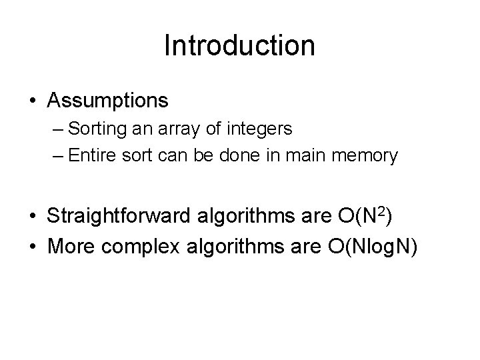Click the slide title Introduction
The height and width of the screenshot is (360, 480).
[x=239, y=46]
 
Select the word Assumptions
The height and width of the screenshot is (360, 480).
[x=108, y=101]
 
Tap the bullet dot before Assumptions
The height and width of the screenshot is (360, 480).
[x=33, y=101]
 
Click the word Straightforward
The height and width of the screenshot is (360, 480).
[x=121, y=217]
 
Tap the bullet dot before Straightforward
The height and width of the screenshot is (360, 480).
[x=33, y=217]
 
